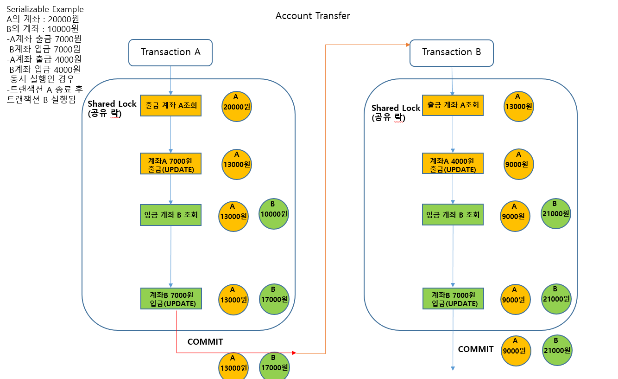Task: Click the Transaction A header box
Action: pos(170,52)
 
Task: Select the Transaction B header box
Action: pos(452,53)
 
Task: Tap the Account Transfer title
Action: pos(313,16)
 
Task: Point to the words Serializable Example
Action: pos(45,9)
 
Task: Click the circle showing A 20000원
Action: pos(237,107)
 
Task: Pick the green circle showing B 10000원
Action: pos(274,214)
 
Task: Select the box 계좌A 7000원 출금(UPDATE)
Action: pos(171,164)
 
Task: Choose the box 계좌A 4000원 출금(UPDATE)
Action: pos(453,163)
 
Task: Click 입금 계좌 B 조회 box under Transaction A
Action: pos(171,215)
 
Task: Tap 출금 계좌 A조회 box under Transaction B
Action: pos(453,105)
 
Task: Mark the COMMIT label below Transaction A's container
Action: pos(205,342)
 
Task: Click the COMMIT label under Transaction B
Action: pos(476,349)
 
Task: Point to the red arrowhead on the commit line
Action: pos(294,353)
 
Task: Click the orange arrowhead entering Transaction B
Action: pos(408,45)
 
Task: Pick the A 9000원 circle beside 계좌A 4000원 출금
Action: pos(519,164)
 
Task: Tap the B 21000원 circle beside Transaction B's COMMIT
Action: pos(557,351)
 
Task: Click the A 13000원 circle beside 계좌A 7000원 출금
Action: pos(237,164)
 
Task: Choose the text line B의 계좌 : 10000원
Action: pos(43,29)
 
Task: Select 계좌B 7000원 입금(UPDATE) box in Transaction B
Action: pos(453,299)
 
